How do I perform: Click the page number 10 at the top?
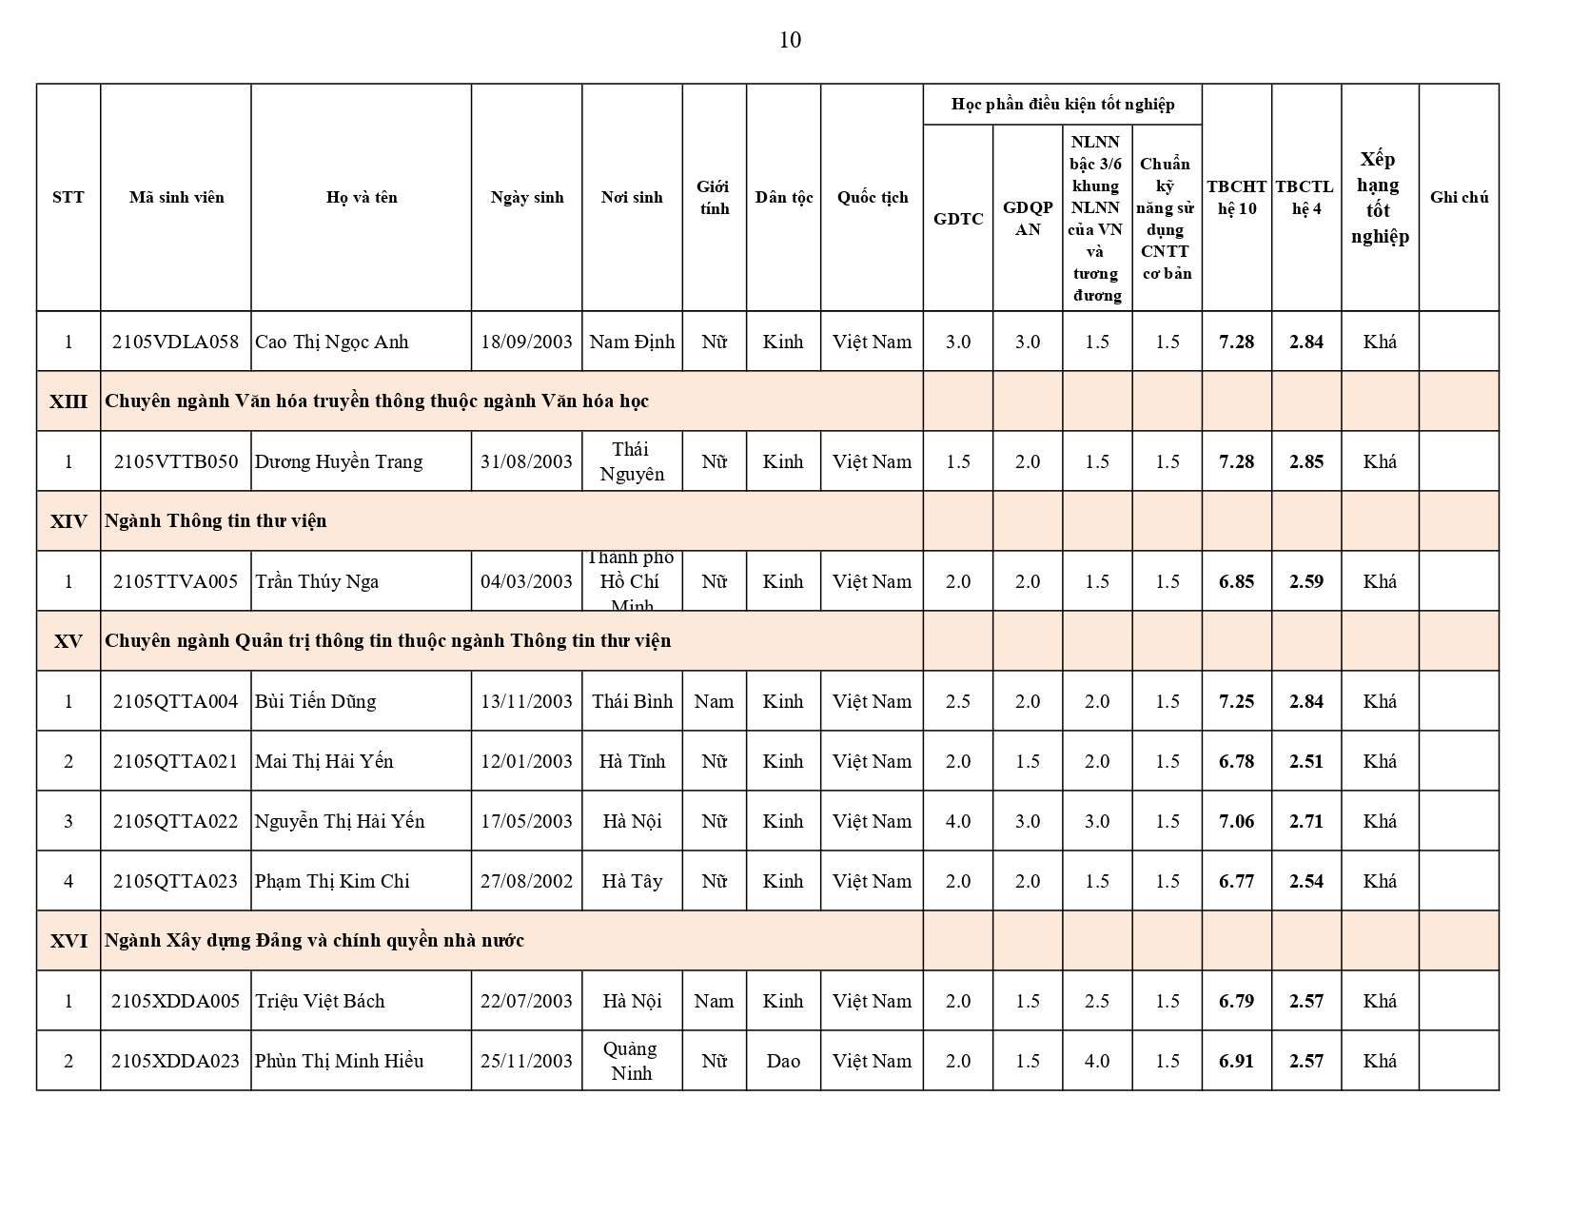790,40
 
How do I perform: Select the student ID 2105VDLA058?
175,342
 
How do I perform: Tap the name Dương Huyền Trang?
339,461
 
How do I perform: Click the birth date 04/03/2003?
526,581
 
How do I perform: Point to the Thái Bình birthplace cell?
632,701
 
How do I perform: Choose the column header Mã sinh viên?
176,197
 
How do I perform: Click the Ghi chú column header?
1459,197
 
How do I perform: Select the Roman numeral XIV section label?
69,521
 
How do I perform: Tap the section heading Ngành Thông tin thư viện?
216,521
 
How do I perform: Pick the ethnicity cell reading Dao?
783,1061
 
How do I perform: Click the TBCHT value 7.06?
1236,821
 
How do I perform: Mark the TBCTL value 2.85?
1306,461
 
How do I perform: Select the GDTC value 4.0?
958,821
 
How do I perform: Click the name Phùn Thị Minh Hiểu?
339,1061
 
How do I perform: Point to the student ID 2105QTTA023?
175,881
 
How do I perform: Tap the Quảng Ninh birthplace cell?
632,1061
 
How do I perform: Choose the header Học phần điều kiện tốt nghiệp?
1062,105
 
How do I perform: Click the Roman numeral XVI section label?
69,941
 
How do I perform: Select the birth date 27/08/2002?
526,881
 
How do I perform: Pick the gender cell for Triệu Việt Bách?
714,1001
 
